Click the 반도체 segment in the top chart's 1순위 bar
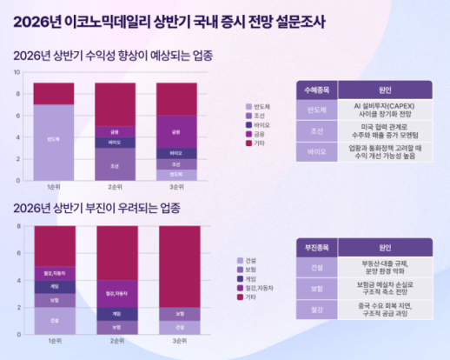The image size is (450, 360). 54,141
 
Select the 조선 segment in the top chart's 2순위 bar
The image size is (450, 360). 116,164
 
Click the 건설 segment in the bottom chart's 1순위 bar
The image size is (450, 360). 54,320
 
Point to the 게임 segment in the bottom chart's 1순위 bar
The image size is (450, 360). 54,286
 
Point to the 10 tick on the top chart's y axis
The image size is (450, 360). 19,71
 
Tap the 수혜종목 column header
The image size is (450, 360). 315,90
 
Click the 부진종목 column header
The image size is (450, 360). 315,246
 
